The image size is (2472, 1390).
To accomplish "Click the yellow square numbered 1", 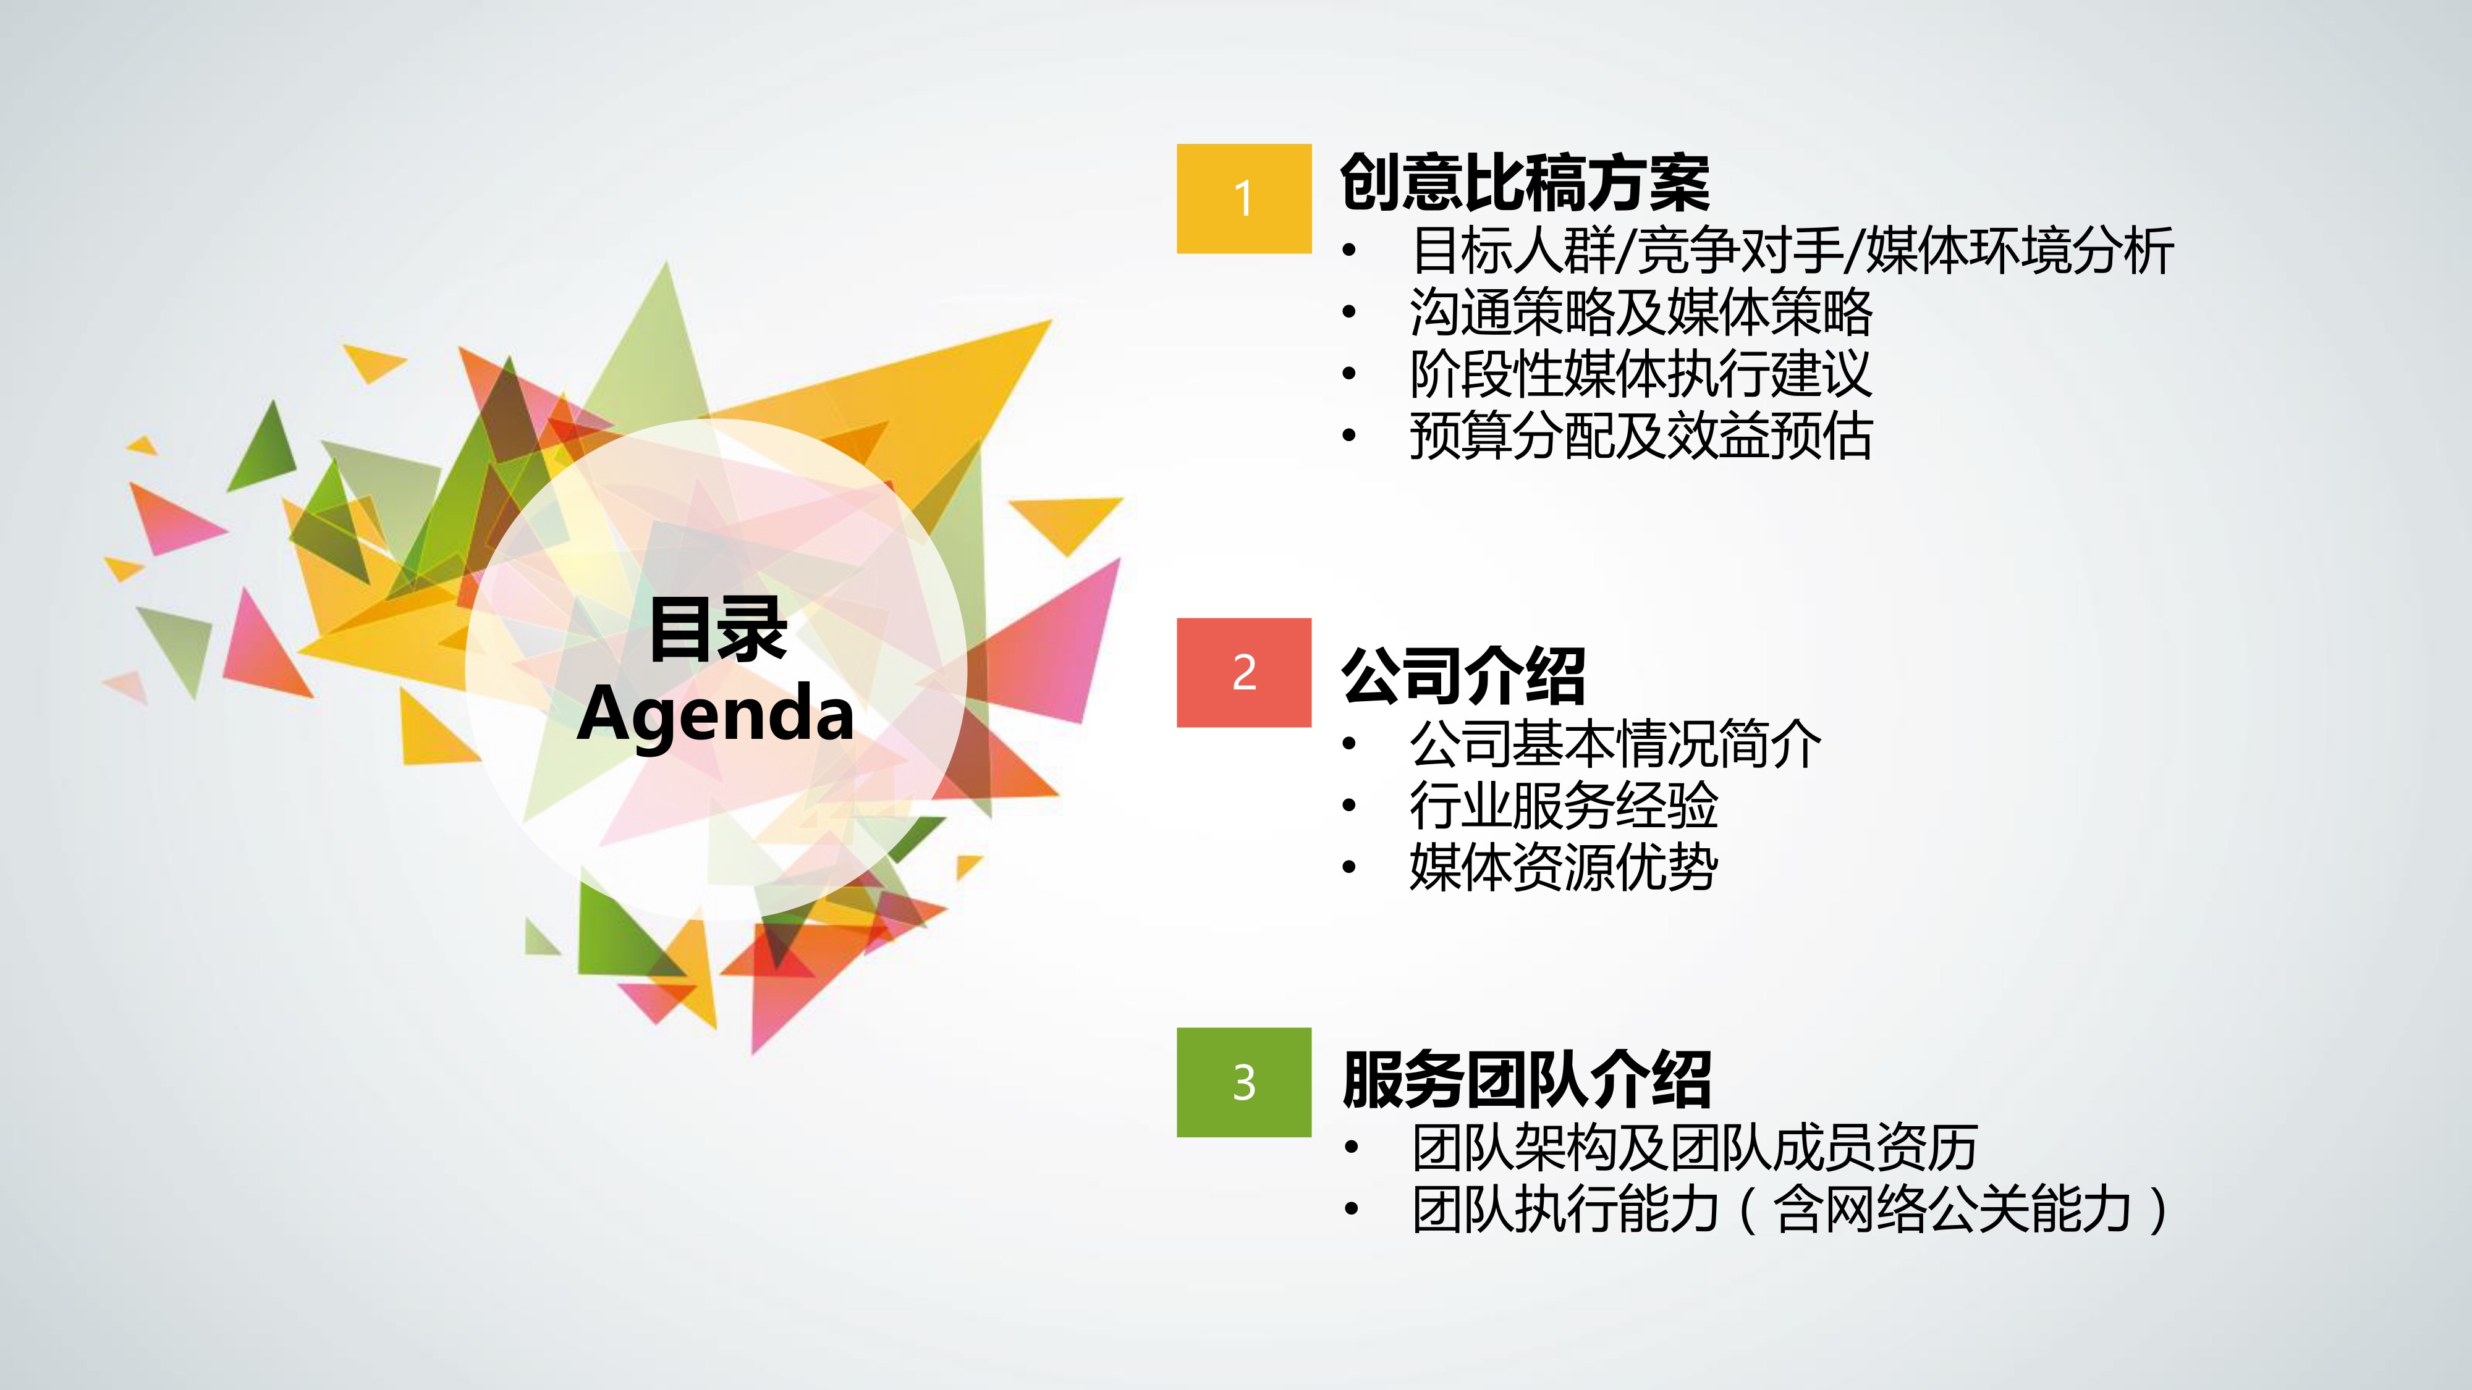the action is point(1243,198).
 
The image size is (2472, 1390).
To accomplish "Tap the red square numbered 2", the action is point(1243,673).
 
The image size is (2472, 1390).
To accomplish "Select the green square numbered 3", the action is point(1243,1082).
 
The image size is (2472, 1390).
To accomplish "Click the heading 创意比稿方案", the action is point(1525,182).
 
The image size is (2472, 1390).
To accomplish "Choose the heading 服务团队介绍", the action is point(1526,1079).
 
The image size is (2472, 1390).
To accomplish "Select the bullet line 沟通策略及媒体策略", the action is point(1641,312).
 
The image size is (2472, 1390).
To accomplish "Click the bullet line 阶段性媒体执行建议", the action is point(1641,373).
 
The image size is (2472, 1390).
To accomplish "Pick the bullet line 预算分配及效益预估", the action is point(1641,436).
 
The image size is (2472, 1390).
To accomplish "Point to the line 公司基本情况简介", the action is point(1615,743).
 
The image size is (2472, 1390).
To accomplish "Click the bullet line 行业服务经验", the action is point(1564,805).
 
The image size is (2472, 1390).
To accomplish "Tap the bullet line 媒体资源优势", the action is point(1564,867).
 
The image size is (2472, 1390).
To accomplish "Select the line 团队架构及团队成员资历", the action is point(1694,1147).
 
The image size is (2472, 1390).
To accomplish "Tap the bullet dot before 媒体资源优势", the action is point(1349,868).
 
